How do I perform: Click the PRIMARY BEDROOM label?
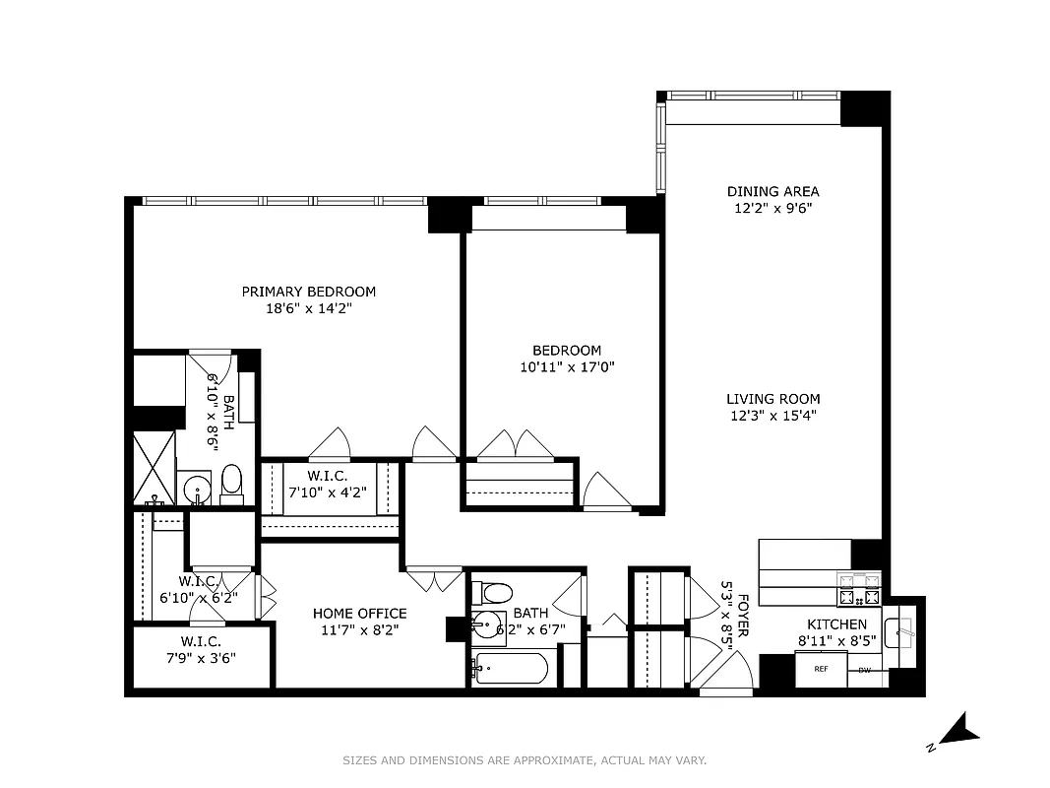tap(309, 292)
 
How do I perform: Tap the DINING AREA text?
tap(772, 192)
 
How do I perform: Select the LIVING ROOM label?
tap(772, 399)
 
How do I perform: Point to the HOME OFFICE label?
tap(359, 614)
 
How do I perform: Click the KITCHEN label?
tap(836, 624)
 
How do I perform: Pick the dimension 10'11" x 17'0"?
tap(566, 367)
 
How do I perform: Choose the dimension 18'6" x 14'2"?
tap(309, 308)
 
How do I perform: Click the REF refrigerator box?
tap(819, 670)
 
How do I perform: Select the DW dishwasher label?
tap(864, 671)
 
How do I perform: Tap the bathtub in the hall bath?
tap(509, 670)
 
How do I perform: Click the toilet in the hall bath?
tap(494, 593)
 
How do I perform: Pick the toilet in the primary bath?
tap(232, 482)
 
